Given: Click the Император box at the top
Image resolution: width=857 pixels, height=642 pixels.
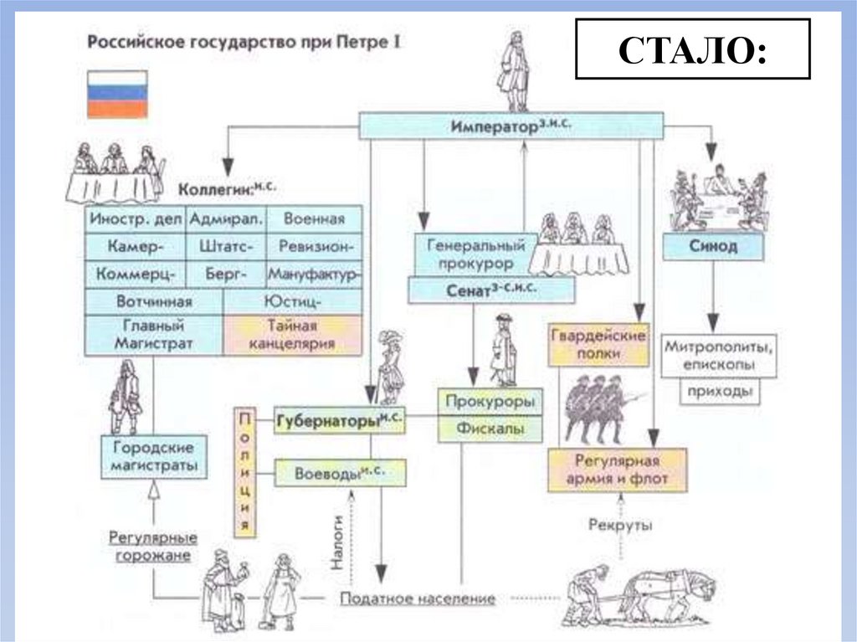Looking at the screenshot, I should click(x=511, y=126).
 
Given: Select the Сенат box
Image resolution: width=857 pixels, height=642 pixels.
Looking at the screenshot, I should click(x=491, y=290).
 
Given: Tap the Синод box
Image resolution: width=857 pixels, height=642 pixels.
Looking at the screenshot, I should click(x=713, y=246).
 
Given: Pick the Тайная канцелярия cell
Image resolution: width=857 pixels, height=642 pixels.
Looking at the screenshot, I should click(x=292, y=334).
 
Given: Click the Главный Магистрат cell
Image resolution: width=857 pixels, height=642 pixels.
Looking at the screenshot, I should click(x=153, y=334).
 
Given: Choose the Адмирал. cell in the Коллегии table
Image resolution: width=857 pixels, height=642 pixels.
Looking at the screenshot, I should click(x=228, y=220).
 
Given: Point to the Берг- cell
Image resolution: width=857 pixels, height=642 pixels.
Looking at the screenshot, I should click(x=228, y=274).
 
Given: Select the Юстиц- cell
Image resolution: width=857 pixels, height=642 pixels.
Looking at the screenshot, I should click(x=292, y=301).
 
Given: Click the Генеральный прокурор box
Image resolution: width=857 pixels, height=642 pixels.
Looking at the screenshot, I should click(x=475, y=254).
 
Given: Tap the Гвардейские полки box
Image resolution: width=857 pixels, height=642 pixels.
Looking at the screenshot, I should click(x=598, y=344).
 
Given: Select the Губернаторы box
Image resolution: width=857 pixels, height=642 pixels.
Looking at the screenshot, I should click(x=340, y=420).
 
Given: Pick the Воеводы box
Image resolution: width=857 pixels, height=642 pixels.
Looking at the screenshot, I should click(x=340, y=473).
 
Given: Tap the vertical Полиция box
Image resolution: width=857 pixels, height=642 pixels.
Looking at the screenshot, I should click(x=245, y=471).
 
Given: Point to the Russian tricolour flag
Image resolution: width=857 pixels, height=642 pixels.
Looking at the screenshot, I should click(x=117, y=92).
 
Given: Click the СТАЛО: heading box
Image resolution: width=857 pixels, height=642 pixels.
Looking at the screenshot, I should click(x=692, y=49).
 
